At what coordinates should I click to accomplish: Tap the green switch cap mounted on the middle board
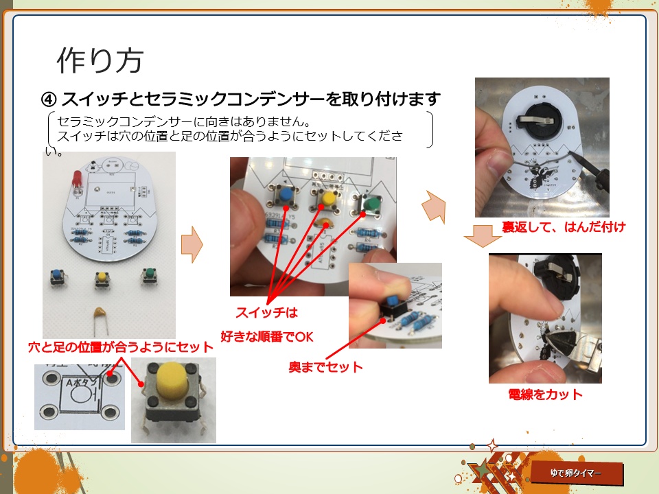click(x=371, y=203)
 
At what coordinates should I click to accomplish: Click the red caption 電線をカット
click(x=546, y=395)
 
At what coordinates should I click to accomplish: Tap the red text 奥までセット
click(x=325, y=367)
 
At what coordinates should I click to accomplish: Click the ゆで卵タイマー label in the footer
click(x=576, y=474)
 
